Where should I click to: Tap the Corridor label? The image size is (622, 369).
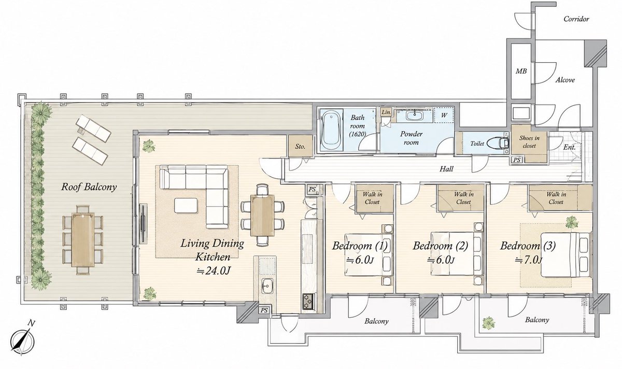(x=576, y=19)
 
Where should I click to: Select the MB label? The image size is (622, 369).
(x=521, y=72)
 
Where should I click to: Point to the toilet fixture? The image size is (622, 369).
(x=499, y=143)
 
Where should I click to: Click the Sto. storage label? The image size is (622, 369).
(x=300, y=146)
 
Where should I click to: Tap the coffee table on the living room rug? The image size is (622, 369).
(x=186, y=205)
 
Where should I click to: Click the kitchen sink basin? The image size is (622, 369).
(x=267, y=285)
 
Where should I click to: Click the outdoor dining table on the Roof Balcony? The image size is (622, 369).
(x=83, y=239)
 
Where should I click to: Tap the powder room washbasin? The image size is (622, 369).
(x=415, y=115)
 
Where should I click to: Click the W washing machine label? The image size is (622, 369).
(x=444, y=115)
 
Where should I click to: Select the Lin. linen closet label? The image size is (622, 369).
(x=386, y=112)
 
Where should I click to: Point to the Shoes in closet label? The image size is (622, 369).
(x=529, y=141)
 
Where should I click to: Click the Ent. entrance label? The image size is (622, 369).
(x=569, y=147)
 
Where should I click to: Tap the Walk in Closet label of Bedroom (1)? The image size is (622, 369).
(x=372, y=198)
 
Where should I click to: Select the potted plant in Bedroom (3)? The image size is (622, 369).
(x=571, y=222)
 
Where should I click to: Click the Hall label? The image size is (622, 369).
(x=446, y=168)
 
